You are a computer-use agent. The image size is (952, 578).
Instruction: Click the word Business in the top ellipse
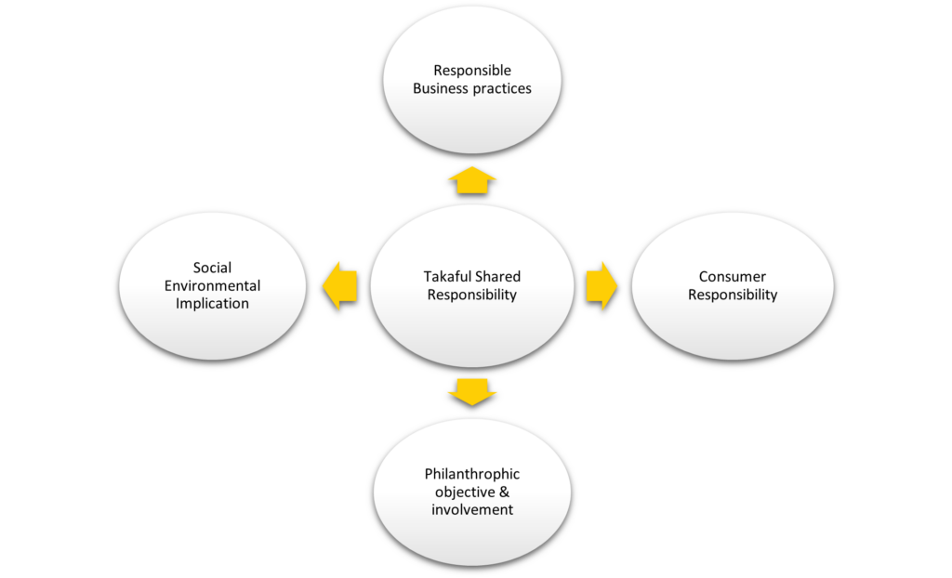tap(441, 89)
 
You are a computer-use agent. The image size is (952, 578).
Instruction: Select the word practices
tap(501, 89)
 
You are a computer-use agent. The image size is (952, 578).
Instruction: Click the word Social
tap(213, 268)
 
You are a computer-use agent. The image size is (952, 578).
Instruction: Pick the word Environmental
tap(213, 285)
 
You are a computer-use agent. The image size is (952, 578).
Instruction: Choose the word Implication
tap(213, 304)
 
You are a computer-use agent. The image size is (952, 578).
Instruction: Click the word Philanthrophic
tap(472, 474)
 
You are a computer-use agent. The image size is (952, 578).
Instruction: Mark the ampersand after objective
tap(506, 492)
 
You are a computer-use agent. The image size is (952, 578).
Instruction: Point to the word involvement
tap(472, 509)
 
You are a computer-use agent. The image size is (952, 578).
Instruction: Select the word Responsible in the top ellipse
tap(472, 71)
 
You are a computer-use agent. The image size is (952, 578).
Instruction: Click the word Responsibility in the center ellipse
tap(472, 296)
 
